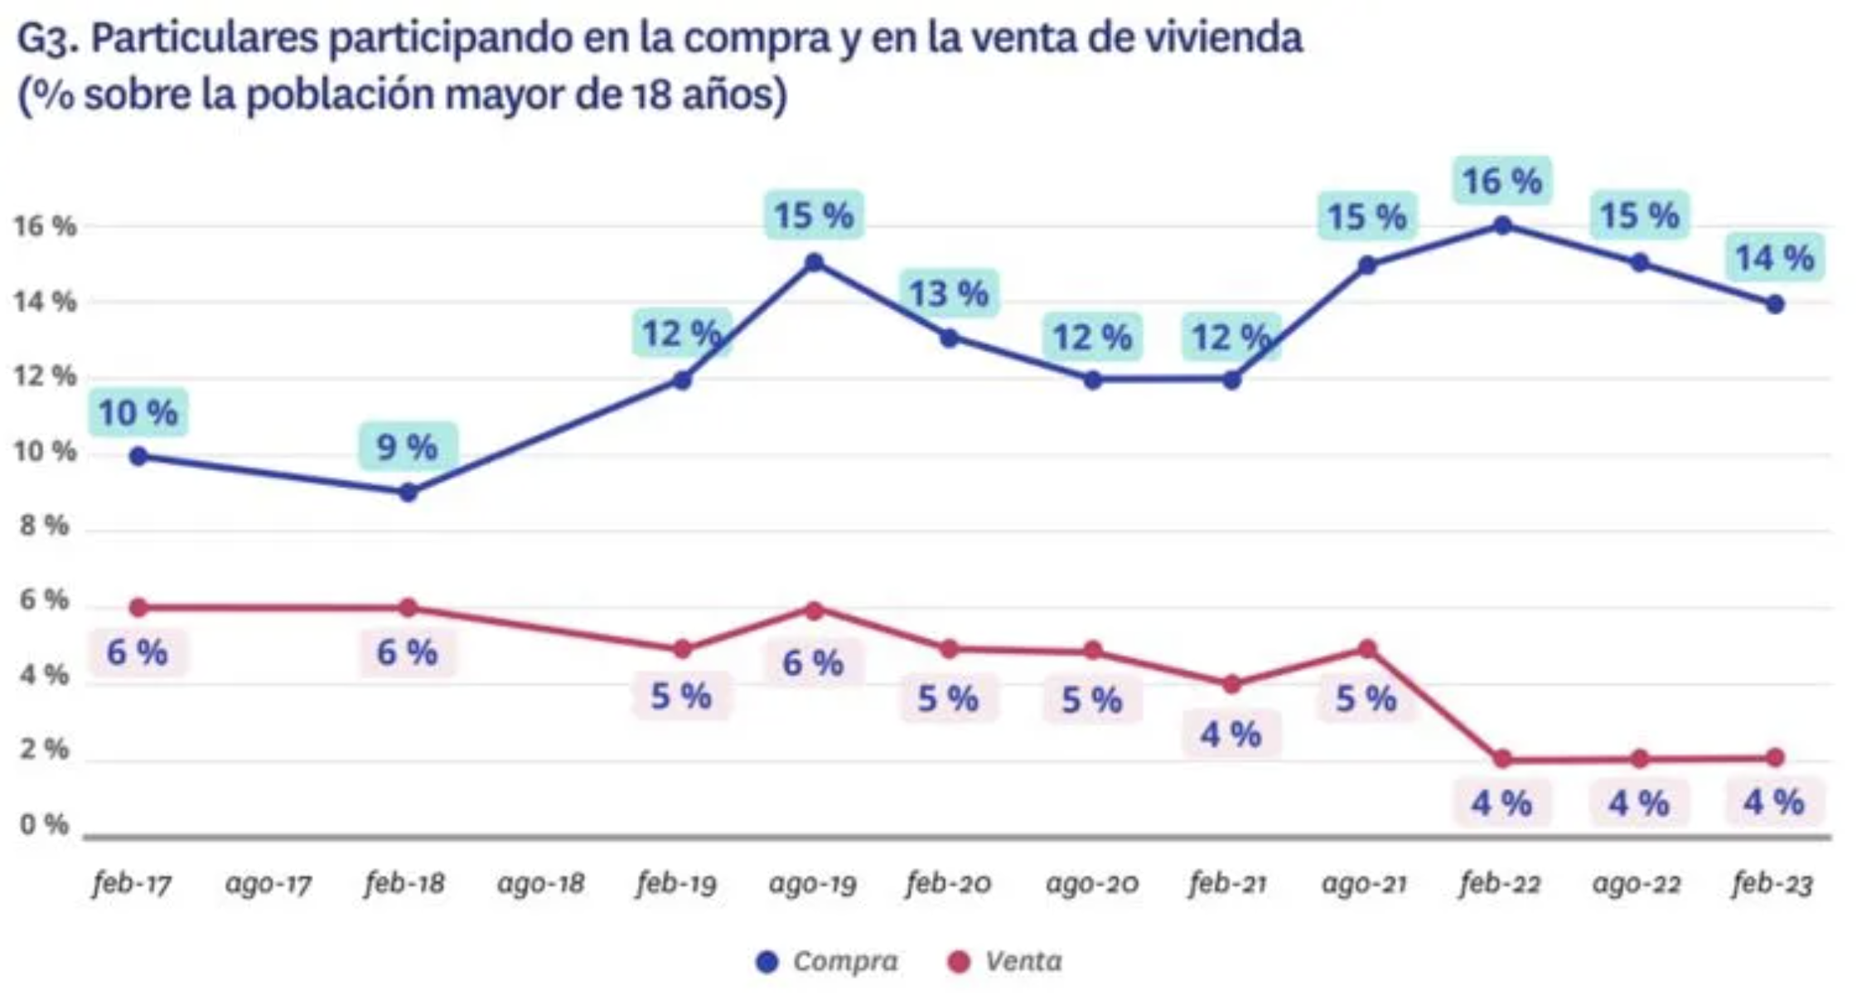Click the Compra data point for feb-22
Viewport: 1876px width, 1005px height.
coord(1501,225)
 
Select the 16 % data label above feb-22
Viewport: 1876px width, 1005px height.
coord(1501,181)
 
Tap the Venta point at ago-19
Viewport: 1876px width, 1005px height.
coord(814,610)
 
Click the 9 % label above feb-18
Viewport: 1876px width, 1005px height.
coord(407,448)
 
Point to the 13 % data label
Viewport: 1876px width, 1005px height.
coord(949,294)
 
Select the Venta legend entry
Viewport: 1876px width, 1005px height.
coord(1005,961)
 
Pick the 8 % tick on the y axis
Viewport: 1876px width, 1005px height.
coord(44,526)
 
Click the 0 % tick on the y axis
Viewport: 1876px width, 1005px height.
coord(44,824)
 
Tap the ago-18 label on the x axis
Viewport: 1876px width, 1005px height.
coord(540,884)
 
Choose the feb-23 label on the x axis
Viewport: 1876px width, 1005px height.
coord(1772,884)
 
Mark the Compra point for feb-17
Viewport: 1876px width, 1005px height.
coord(139,456)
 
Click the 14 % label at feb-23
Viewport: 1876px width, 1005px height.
coord(1774,258)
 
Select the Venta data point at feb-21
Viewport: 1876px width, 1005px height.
coord(1231,684)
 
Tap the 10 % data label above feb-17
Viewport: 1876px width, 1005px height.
coord(138,413)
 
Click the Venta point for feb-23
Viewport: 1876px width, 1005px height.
coord(1774,757)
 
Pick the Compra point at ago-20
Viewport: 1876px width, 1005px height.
coord(1092,380)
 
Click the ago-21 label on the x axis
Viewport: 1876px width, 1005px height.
coord(1364,884)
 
